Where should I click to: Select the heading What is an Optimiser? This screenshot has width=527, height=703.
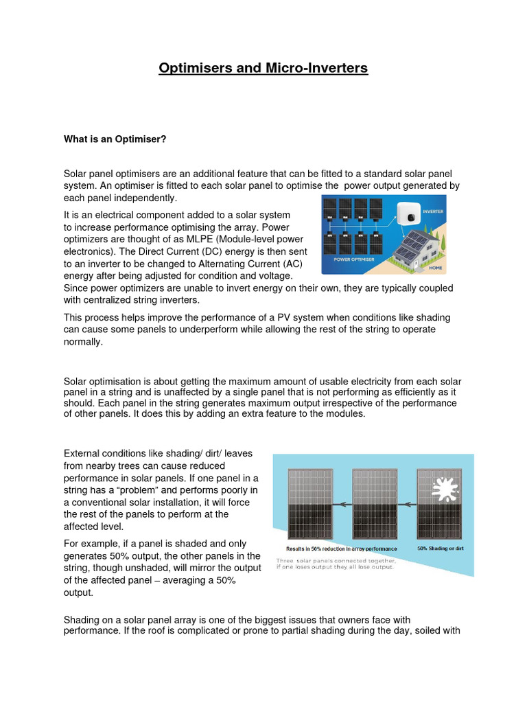point(115,139)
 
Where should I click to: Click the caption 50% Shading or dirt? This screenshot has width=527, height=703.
point(443,549)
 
